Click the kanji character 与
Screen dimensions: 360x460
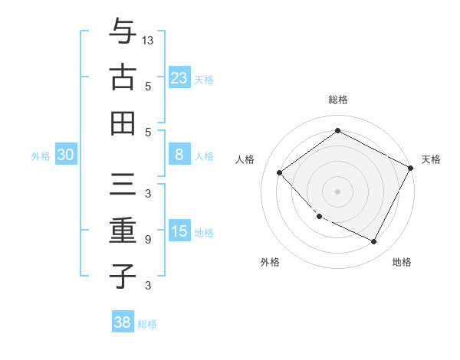[x=123, y=32]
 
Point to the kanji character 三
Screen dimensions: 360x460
[x=123, y=183]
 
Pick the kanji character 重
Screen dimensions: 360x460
[x=123, y=230]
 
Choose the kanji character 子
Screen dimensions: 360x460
[x=123, y=276]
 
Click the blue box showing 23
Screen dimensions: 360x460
[x=179, y=78]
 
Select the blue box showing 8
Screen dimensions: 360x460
[x=179, y=155]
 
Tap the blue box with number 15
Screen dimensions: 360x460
[x=179, y=231]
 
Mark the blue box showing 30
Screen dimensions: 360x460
[x=65, y=155]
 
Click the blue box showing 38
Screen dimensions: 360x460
[x=123, y=322]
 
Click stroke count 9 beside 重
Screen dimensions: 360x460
[x=148, y=240]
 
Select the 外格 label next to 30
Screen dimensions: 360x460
[x=41, y=156]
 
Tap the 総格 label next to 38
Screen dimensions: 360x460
[x=147, y=324]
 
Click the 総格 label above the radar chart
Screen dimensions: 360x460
[x=337, y=100]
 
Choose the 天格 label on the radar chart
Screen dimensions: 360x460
[x=431, y=159]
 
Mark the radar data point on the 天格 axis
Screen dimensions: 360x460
[x=410, y=168]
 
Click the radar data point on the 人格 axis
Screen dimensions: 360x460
[x=280, y=173]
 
